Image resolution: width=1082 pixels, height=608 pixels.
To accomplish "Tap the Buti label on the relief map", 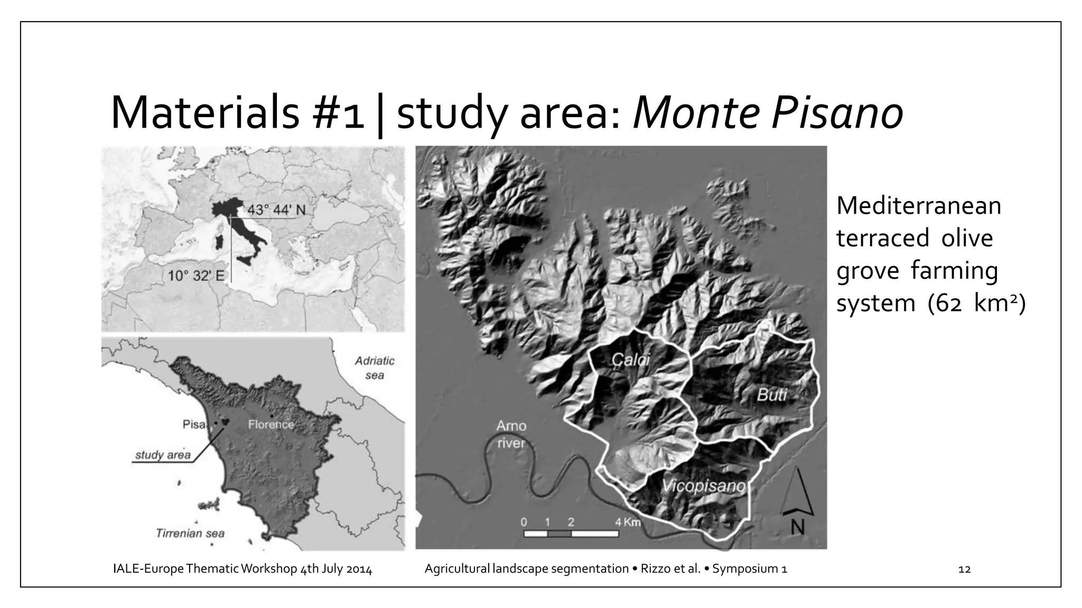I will coord(772,394).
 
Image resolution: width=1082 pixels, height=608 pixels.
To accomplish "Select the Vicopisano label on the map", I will coord(703,486).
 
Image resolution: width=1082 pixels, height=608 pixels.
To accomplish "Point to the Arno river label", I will coord(511,434).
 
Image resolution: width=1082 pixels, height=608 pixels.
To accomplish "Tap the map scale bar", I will coord(571,534).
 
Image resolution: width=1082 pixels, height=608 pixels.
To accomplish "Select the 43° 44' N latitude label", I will coord(276,210).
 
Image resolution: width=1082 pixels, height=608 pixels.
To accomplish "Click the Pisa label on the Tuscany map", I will coord(194,424).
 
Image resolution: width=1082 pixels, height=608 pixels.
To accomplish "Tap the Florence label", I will coord(271,424).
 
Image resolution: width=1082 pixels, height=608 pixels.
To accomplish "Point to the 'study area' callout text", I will coord(163,454).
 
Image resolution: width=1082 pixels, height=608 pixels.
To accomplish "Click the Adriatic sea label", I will coord(375,368).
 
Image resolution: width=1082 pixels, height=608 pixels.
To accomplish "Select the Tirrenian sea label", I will coord(190,533).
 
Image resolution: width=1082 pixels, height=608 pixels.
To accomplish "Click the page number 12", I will coord(964,569).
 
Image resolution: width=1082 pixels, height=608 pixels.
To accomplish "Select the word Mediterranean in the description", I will coord(918,205).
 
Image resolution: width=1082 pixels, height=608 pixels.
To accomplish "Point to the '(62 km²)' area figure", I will coord(976,303).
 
